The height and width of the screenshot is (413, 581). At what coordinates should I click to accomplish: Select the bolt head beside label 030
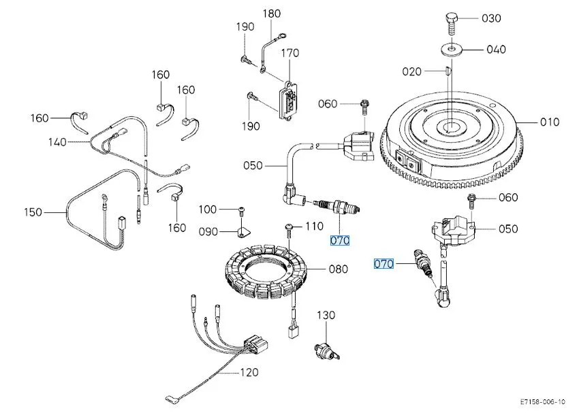click(450, 19)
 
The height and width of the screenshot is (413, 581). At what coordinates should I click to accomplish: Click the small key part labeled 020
click(446, 70)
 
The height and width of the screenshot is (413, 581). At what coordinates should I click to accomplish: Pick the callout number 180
click(271, 14)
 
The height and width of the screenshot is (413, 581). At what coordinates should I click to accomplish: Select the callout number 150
click(33, 212)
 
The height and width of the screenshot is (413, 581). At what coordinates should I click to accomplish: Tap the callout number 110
click(314, 226)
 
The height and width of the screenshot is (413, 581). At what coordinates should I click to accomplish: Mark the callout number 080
click(338, 269)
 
